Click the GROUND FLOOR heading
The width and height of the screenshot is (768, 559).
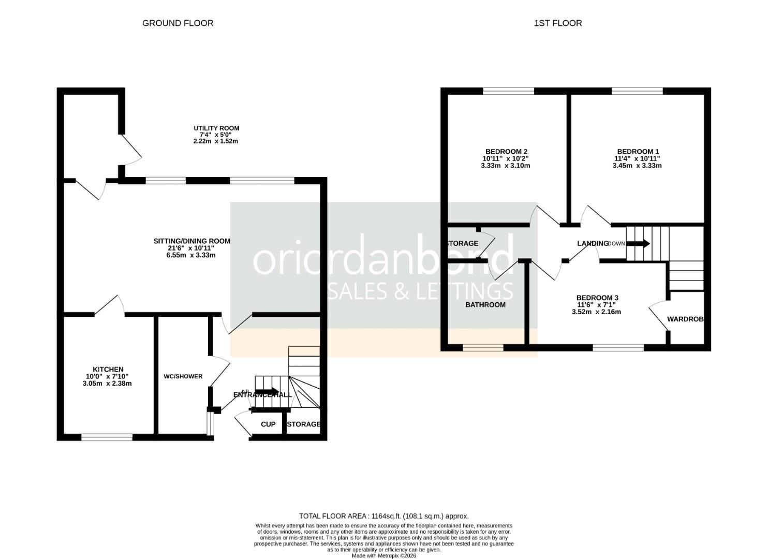[178, 23]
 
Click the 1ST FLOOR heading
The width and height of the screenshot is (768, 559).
[558, 23]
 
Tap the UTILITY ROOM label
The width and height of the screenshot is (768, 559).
[216, 128]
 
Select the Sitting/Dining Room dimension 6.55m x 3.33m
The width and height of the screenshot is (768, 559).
[191, 255]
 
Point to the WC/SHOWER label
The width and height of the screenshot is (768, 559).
[183, 376]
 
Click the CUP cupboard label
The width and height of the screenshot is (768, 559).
[268, 424]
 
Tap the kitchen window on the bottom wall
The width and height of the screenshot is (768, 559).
[107, 437]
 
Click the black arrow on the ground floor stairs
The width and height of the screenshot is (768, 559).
[267, 392]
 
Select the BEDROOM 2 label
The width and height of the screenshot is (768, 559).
[506, 152]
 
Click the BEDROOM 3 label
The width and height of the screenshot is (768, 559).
[597, 298]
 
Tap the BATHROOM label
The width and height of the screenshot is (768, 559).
[485, 305]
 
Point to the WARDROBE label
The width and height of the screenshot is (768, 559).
[685, 319]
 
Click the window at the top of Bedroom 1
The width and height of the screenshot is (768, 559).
[637, 91]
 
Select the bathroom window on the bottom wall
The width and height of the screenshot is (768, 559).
[483, 348]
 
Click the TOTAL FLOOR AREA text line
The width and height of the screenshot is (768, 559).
[383, 516]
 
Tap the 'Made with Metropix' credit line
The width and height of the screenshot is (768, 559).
[383, 555]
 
